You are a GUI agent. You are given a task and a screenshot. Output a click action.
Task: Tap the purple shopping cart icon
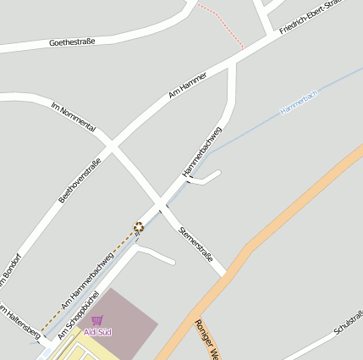[97, 321]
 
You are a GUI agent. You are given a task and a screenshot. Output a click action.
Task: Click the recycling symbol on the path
[138, 227]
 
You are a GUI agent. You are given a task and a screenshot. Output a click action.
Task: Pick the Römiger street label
[206, 339]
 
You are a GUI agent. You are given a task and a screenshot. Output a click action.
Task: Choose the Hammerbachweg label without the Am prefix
[203, 152]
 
